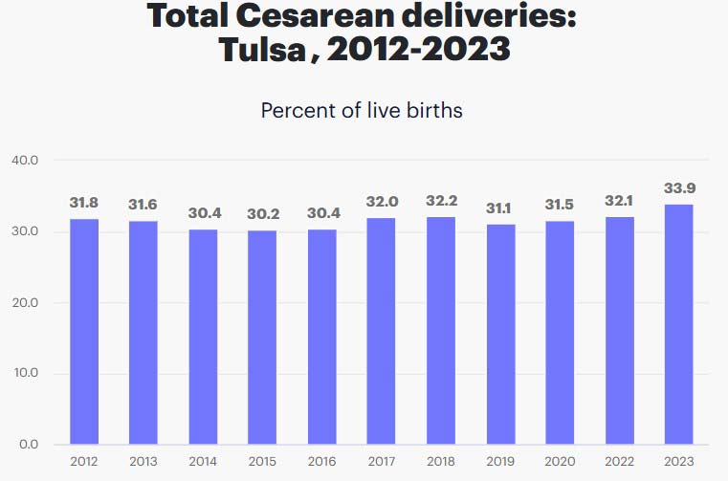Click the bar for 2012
[83, 332]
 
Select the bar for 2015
[262, 338]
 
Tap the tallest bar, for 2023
[678, 324]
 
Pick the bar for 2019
[500, 335]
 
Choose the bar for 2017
[381, 331]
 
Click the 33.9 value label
[678, 188]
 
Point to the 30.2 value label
[262, 213]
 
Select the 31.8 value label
[83, 203]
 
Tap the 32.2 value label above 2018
[440, 202]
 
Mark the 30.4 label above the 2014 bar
[203, 212]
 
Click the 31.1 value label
[500, 208]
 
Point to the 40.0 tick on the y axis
[25, 161]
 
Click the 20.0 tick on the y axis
[25, 303]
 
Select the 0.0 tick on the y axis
[28, 445]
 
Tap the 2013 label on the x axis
[143, 461]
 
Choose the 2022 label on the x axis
[619, 461]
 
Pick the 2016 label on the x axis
[321, 461]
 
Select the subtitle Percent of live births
[362, 110]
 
